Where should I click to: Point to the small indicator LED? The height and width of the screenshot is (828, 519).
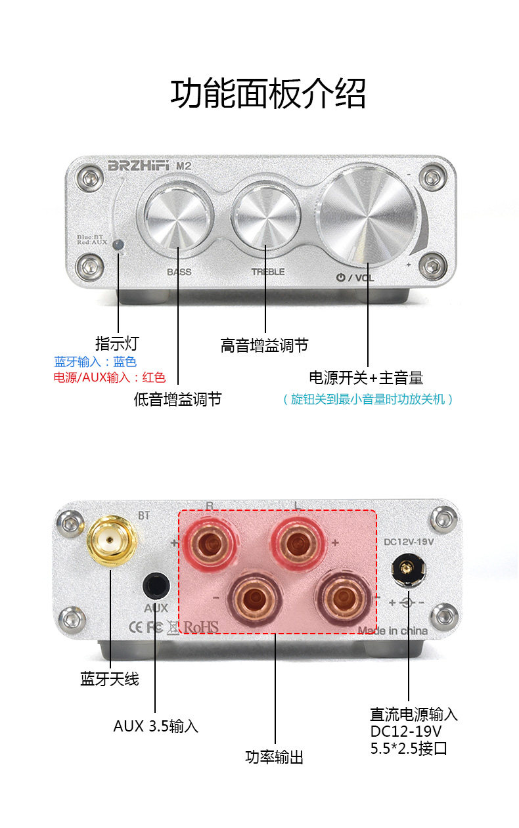point(118,245)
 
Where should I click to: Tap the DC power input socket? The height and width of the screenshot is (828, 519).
point(408,569)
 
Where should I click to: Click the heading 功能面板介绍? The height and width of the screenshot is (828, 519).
point(268,94)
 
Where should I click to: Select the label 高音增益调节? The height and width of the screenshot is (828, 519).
point(264,345)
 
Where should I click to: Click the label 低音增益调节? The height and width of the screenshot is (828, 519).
point(177,399)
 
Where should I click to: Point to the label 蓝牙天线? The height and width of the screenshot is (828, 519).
point(110,679)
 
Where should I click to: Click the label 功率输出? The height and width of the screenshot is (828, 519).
point(275,757)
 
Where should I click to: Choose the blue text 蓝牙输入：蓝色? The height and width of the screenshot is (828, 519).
point(95,362)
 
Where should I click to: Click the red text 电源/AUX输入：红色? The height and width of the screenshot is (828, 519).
point(110,378)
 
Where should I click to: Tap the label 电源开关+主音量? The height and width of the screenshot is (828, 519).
point(366,378)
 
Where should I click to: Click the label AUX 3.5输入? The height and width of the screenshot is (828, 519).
point(156,726)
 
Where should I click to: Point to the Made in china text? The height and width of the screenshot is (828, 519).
point(392,631)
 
